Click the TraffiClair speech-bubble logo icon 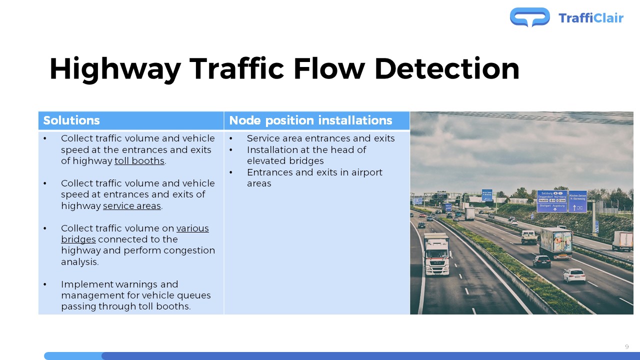529,17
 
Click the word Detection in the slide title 446,69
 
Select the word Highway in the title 115,69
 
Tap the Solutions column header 71,120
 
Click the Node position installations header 310,120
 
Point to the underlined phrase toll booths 139,161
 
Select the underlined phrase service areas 132,206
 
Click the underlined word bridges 78,239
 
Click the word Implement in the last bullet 87,284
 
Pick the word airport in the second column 366,172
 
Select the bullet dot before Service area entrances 231,138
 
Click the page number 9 627,347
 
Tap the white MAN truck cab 436,254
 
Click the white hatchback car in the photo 574,275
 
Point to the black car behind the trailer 541,261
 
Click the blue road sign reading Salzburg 552,201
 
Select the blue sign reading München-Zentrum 577,201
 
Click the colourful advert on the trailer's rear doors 562,241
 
